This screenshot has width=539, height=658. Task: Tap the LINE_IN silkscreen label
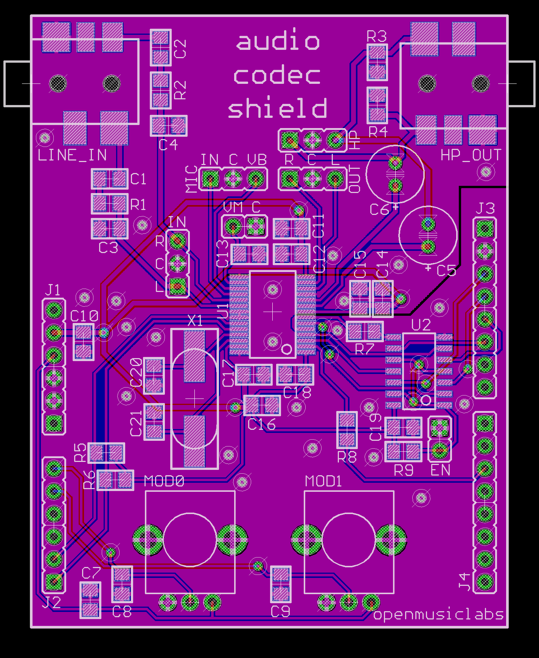(x=72, y=155)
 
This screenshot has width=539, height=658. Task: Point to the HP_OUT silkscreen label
(x=471, y=155)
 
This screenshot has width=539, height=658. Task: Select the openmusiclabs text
(x=438, y=615)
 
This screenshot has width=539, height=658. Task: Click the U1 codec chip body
(x=272, y=314)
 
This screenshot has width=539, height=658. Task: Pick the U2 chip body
(x=419, y=371)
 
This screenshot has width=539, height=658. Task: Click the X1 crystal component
(x=194, y=399)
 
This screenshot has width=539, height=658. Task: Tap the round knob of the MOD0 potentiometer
(x=190, y=540)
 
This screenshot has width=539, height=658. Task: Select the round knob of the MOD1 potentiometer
(x=349, y=540)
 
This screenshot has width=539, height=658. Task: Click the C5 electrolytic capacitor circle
(x=428, y=235)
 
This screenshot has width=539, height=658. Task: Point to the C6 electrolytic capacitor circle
(x=395, y=174)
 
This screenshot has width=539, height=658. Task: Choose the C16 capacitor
(x=262, y=405)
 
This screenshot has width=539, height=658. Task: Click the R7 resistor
(x=365, y=332)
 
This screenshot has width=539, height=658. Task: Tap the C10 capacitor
(x=83, y=342)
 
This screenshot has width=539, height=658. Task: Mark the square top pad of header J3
(x=485, y=227)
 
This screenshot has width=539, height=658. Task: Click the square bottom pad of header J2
(x=54, y=582)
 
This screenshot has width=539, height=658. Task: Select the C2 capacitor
(x=161, y=47)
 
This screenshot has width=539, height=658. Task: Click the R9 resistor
(x=403, y=451)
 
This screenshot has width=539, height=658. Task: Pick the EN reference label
(x=440, y=470)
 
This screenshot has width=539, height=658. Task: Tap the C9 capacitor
(x=281, y=584)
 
